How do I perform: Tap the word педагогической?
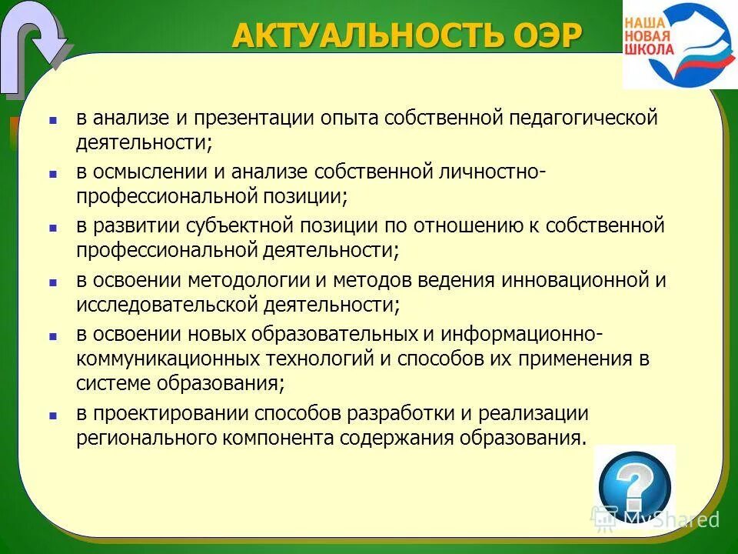[583, 118]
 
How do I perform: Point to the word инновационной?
[575, 280]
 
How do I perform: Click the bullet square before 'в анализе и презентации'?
[53, 121]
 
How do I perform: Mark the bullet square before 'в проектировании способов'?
[53, 415]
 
